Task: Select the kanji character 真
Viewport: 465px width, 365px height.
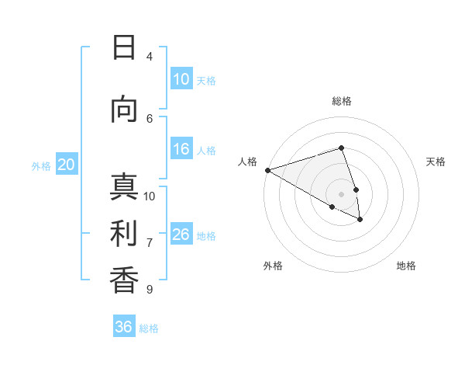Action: (124, 188)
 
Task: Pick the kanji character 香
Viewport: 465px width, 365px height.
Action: (124, 280)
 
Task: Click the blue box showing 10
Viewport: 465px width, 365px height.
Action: (181, 79)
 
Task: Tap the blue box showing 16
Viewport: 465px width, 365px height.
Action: (181, 149)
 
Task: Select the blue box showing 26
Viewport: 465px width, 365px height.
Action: (181, 235)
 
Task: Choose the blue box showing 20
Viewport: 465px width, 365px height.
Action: (67, 165)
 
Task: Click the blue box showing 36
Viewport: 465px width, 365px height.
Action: (124, 327)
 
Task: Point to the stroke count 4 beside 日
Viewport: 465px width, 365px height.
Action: (150, 56)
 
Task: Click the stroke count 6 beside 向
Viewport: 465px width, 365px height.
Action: (150, 118)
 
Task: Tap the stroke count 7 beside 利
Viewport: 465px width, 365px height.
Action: (150, 243)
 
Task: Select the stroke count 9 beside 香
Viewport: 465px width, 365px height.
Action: (150, 289)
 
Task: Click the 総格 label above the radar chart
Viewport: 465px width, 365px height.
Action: (341, 101)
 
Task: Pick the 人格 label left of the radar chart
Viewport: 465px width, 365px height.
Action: (248, 162)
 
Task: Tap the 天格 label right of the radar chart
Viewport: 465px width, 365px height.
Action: (436, 162)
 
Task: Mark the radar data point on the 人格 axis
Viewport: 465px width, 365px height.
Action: (267, 170)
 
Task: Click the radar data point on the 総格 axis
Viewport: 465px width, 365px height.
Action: (341, 148)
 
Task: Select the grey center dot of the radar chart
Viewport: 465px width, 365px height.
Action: (341, 194)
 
